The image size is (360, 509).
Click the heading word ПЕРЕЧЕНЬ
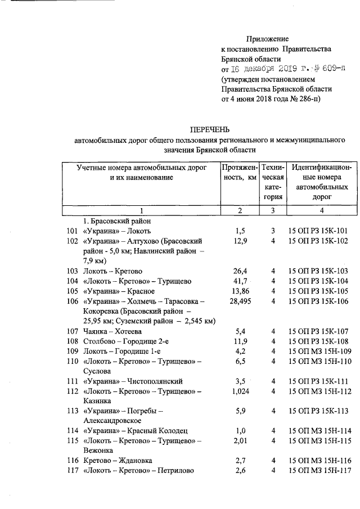pyautogui.click(x=209, y=130)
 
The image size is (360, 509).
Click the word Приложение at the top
pyautogui.click(x=267, y=39)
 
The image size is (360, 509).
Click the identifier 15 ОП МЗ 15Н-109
pyautogui.click(x=318, y=352)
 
